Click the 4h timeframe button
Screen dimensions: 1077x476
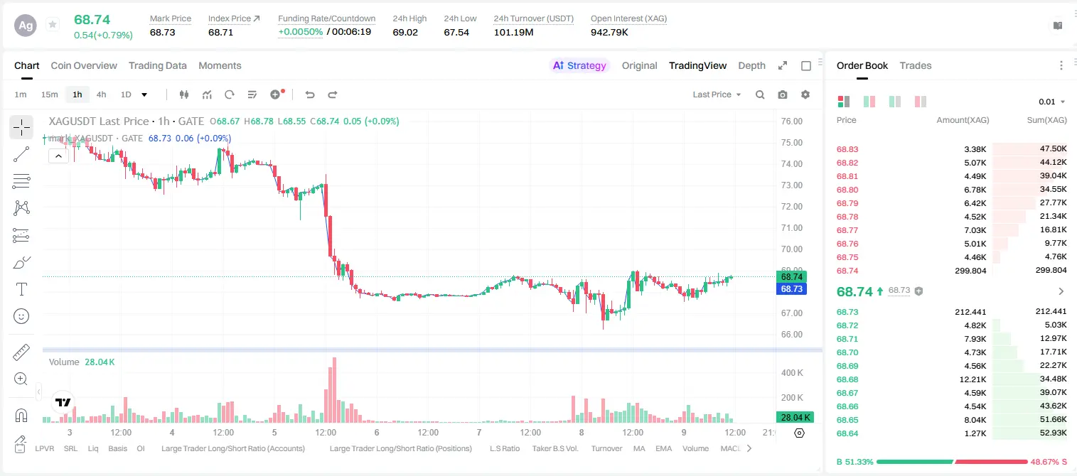pos(101,94)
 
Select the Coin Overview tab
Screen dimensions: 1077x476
pos(84,65)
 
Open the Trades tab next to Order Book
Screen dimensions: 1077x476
pos(916,65)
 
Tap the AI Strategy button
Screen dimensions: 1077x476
pos(579,65)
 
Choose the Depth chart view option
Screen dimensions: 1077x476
pos(751,65)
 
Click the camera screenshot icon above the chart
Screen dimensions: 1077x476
pos(783,94)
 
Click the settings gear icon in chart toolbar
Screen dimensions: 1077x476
pos(805,94)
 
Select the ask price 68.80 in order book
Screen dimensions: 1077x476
pos(847,190)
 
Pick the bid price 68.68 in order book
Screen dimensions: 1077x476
pos(847,379)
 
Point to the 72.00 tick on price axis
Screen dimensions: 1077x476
pos(791,207)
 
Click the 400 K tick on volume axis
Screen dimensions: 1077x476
pos(792,373)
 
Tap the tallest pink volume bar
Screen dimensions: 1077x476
pos(334,390)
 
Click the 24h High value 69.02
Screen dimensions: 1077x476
pos(405,32)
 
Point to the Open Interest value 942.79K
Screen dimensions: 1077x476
pos(609,32)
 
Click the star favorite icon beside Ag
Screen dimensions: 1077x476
pos(53,24)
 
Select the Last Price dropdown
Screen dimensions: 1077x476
pos(717,94)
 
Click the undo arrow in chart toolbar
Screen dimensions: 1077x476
pos(310,94)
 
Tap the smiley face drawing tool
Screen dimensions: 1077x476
pos(21,316)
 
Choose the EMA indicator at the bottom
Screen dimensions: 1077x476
pos(663,448)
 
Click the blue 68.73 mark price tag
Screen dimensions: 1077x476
pos(791,288)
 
